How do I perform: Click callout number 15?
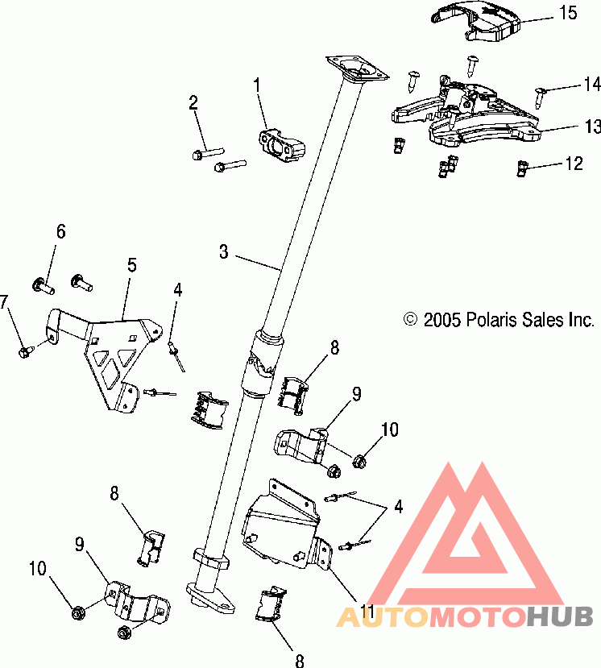pyautogui.click(x=569, y=13)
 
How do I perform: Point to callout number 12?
pyautogui.click(x=573, y=164)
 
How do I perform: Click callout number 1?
pyautogui.click(x=257, y=83)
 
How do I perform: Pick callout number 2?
pyautogui.click(x=193, y=102)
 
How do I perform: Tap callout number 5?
pyautogui.click(x=131, y=263)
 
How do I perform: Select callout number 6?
pyautogui.click(x=60, y=232)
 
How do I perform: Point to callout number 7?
pyautogui.click(x=5, y=302)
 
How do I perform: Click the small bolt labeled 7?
pyautogui.click(x=25, y=351)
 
